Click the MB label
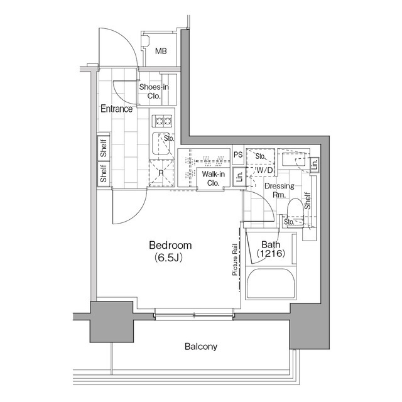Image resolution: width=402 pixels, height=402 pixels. point(161,51)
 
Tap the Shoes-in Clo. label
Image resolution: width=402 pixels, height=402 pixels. point(154,92)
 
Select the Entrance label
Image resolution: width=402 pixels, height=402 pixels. point(116,109)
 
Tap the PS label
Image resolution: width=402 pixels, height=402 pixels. point(238,155)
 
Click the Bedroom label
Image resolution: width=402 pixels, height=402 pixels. point(170,245)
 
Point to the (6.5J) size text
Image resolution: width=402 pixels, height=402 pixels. point(170,258)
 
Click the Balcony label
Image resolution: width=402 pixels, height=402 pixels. point(201,346)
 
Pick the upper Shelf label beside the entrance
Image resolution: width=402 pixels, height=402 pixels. point(104,148)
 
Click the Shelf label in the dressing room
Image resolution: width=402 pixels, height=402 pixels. point(308,200)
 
